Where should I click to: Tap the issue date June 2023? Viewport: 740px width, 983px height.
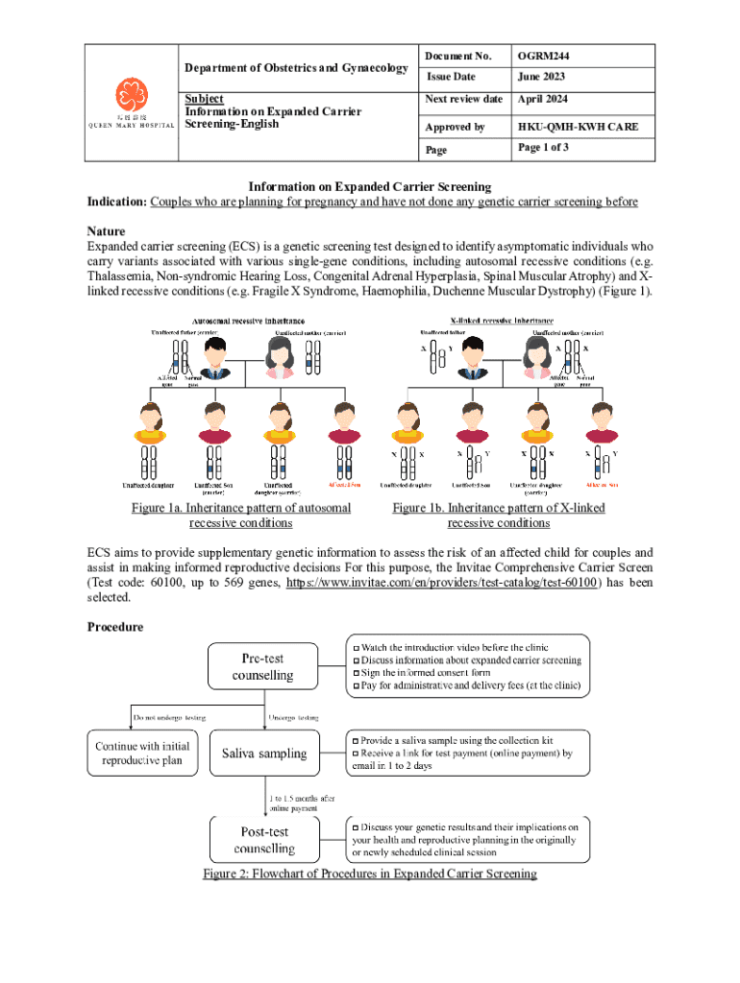pyautogui.click(x=542, y=77)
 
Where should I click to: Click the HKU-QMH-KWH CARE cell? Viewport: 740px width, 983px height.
pyautogui.click(x=578, y=127)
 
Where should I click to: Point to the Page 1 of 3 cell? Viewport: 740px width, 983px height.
pyautogui.click(x=544, y=149)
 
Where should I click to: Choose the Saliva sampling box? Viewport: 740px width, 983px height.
pyautogui.click(x=263, y=754)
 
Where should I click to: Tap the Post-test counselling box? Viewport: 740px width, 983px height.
pyautogui.click(x=263, y=840)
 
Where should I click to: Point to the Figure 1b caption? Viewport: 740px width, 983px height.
pyautogui.click(x=498, y=515)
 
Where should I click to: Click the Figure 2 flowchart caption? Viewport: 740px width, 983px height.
pyautogui.click(x=369, y=874)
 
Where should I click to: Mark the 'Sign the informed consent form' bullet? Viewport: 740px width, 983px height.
pyautogui.click(x=421, y=673)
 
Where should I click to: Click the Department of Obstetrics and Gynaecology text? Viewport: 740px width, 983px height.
pyautogui.click(x=297, y=67)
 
